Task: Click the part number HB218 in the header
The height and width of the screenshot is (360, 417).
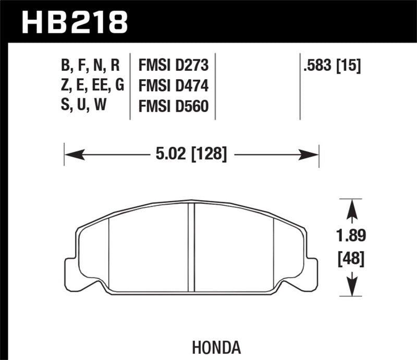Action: click(x=73, y=22)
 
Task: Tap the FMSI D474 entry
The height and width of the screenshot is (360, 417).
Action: click(x=173, y=86)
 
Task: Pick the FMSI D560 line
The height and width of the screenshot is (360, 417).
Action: click(x=173, y=106)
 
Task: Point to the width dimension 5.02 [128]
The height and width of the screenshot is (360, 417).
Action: click(x=191, y=154)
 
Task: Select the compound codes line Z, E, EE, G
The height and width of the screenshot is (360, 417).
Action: click(x=92, y=86)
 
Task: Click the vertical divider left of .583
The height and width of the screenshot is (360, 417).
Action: click(x=300, y=86)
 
